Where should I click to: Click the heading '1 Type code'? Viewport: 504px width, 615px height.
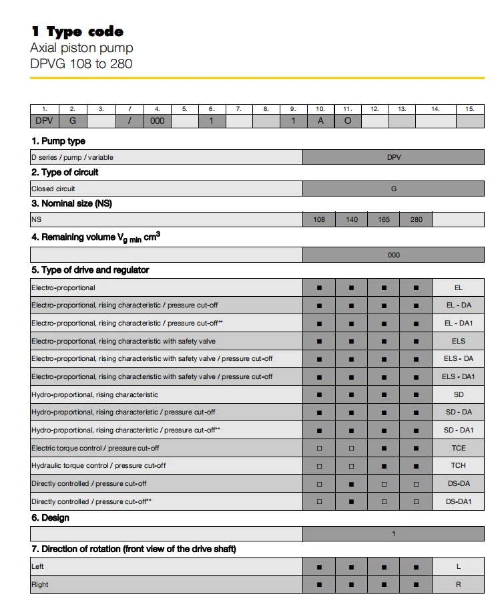pos(77,31)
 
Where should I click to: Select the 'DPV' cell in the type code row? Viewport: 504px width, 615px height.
pos(45,121)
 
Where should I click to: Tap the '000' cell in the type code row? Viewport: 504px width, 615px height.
pos(158,121)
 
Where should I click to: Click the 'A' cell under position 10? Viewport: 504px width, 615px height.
pos(320,121)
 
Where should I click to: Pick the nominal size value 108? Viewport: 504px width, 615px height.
pos(319,219)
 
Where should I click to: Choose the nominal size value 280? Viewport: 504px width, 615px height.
pos(416,219)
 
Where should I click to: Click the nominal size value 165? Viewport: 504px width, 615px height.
pos(384,219)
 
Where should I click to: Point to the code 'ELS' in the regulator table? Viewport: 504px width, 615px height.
pos(459,341)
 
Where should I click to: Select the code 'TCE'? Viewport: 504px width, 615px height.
pos(459,448)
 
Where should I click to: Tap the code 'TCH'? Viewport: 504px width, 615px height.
pos(459,465)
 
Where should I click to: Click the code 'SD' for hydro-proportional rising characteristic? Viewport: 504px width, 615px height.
pos(459,394)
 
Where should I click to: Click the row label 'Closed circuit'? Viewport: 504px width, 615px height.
pos(53,189)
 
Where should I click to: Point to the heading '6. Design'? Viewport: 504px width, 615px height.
pos(50,518)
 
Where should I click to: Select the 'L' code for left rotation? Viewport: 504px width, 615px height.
pos(459,566)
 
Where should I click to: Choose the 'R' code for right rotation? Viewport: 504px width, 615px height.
pos(459,584)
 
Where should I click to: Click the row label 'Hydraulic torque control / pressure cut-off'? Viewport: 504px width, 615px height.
pos(99,465)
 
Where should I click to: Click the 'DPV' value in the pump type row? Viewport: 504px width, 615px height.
pos(394,158)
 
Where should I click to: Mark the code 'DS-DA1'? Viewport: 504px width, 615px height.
pos(459,501)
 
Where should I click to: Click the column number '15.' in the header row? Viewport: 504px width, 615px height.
pos(470,108)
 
